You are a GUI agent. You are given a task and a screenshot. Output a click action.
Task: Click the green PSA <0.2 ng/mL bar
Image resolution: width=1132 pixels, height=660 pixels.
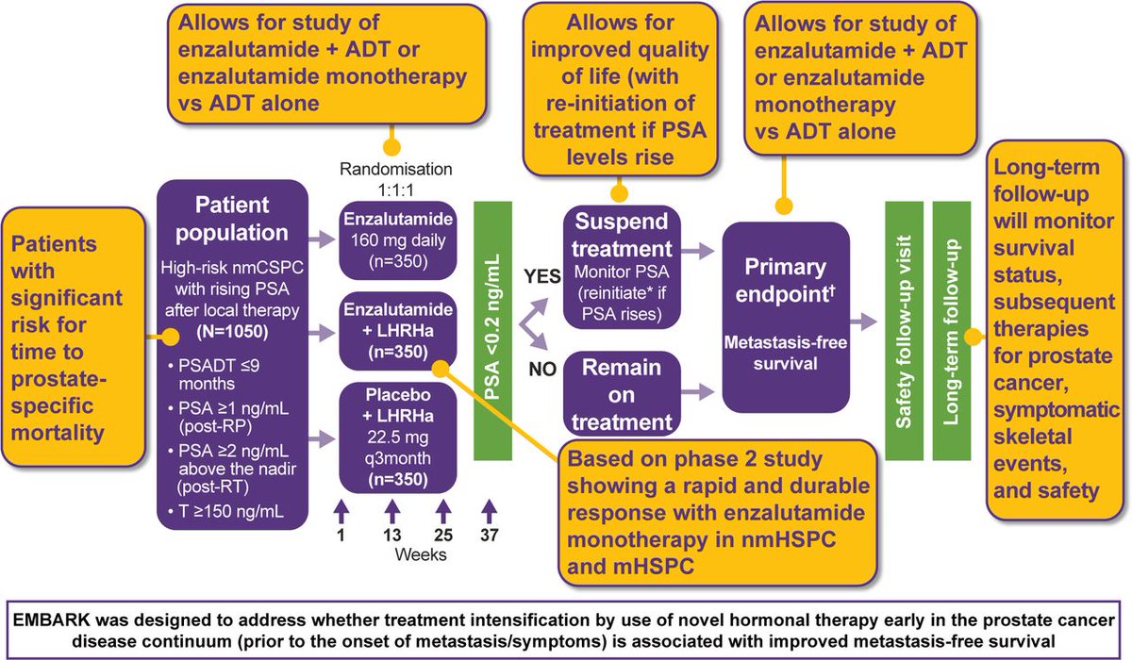[492, 331]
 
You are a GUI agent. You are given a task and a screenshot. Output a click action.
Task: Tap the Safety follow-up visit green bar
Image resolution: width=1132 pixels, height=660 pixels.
[904, 331]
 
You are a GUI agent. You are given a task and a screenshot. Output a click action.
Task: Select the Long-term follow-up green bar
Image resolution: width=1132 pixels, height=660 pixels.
[952, 331]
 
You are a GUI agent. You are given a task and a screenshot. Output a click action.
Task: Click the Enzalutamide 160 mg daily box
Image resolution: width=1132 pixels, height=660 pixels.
[398, 240]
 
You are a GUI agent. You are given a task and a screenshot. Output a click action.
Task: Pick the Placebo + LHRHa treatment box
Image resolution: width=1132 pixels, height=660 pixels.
[398, 437]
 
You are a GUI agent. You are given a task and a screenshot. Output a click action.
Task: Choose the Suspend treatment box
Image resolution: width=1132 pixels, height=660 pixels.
[622, 267]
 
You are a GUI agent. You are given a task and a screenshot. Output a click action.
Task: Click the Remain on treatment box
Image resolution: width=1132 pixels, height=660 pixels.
[622, 394]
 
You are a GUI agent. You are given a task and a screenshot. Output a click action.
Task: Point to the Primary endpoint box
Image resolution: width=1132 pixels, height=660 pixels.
[785, 317]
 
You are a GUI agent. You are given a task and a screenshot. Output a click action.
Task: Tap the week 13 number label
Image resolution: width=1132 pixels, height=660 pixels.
[391, 535]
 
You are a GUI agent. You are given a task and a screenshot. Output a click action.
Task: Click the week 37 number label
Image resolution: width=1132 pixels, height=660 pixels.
[490, 535]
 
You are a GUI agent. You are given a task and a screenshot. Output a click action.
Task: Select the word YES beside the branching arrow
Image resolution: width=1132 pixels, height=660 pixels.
[541, 276]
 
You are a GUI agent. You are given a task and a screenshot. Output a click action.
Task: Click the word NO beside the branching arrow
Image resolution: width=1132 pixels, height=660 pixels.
[542, 370]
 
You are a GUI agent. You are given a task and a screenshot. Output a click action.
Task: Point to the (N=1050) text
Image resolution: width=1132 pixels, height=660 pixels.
[232, 331]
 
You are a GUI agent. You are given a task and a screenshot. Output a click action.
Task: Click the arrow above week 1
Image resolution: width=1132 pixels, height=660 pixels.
[341, 512]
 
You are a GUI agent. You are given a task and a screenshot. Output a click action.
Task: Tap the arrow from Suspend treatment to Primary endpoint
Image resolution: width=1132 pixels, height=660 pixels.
[697, 250]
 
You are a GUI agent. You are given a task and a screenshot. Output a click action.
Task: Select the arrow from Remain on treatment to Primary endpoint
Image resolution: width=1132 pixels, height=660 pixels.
[697, 391]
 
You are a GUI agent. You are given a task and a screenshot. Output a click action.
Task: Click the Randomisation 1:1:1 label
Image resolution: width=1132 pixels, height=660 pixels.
[396, 179]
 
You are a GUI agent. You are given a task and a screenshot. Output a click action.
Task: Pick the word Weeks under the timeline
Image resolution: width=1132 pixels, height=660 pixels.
[421, 554]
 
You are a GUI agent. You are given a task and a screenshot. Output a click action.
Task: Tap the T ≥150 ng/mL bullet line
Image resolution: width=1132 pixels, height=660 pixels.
[225, 512]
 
